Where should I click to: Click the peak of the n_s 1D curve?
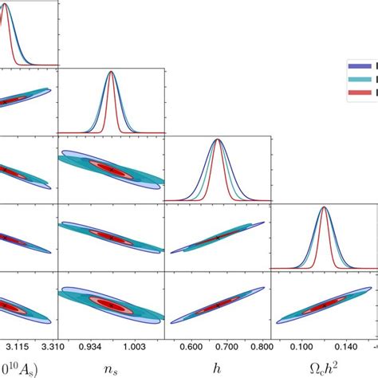tap(111, 73)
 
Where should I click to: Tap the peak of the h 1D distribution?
tap(218, 140)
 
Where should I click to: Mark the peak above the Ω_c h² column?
tap(324, 207)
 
